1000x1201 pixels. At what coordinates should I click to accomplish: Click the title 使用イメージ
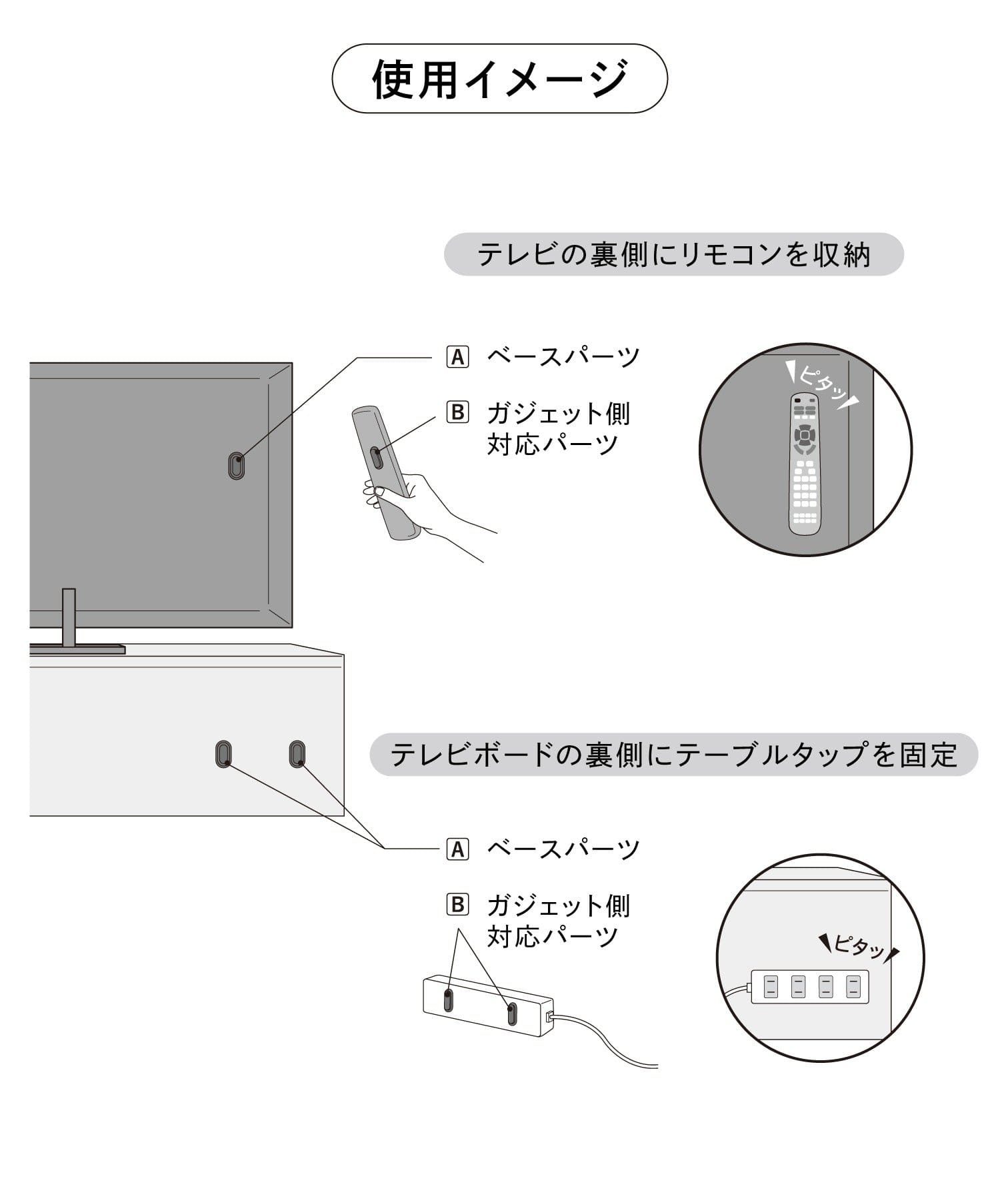pos(499,79)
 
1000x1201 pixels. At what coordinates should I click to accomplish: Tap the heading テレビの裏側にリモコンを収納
pos(673,254)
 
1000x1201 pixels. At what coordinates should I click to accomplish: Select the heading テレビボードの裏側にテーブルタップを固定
pos(673,755)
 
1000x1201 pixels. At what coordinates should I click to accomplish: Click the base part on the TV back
pos(236,466)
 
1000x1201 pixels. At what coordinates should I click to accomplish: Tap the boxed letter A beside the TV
pos(457,356)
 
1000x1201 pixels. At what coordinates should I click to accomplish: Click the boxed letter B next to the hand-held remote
pos(457,412)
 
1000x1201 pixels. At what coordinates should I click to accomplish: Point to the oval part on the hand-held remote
pos(377,458)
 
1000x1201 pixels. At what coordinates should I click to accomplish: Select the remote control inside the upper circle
pos(805,464)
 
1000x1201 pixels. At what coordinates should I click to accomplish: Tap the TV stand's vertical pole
pos(69,617)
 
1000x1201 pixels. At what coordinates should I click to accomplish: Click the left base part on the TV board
pos(225,753)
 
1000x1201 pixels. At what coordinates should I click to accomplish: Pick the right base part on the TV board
pos(297,753)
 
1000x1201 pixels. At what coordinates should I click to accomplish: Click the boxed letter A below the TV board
pos(457,849)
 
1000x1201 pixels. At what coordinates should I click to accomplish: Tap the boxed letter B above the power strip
pos(457,905)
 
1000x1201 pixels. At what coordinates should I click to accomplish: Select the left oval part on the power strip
pos(448,999)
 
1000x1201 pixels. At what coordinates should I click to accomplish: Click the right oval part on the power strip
pos(511,1013)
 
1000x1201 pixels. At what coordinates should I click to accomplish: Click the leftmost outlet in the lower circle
pos(771,986)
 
